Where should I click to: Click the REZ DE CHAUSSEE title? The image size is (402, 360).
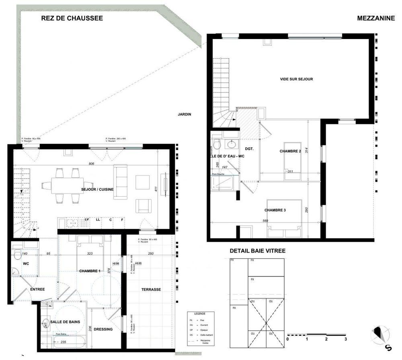[72, 18]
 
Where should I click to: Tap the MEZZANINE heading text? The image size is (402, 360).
[376, 18]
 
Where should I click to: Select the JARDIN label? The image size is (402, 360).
[185, 114]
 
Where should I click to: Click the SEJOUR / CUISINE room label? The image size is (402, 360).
[97, 189]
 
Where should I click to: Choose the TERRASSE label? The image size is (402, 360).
[151, 289]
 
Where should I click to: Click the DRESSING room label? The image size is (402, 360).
[104, 329]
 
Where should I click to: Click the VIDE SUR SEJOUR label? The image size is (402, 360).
[296, 79]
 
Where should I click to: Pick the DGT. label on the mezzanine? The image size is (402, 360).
[249, 149]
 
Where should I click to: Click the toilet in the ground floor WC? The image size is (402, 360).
[17, 254]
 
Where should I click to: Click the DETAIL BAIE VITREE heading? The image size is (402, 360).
[257, 251]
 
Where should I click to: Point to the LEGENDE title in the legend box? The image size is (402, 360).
[200, 313]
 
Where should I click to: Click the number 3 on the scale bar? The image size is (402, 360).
[345, 339]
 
